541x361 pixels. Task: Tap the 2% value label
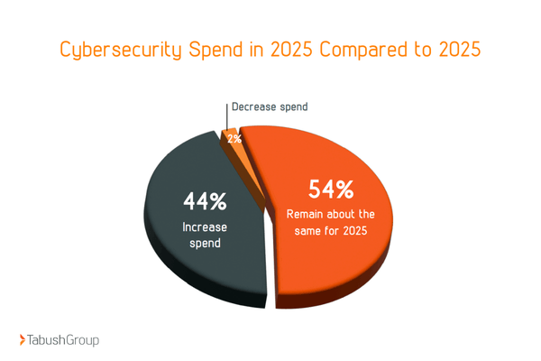tap(234, 139)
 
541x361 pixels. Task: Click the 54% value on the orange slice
tap(331, 190)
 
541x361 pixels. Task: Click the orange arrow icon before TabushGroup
tap(23, 340)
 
